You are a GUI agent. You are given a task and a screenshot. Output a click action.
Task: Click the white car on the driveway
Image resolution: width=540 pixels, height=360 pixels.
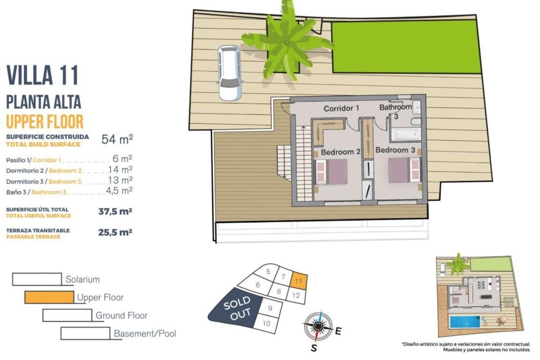click(230, 73)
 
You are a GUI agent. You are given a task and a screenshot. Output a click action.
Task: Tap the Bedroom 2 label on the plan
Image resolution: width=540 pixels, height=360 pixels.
click(340, 152)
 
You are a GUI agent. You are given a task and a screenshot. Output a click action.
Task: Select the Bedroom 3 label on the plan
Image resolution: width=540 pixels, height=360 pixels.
click(395, 150)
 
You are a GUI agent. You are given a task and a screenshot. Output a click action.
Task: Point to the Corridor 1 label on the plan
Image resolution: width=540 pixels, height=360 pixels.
click(341, 108)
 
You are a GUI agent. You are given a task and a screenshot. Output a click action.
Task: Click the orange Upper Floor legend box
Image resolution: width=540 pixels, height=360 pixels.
click(49, 297)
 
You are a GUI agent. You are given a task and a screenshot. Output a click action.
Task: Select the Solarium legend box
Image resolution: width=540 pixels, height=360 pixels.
click(37, 279)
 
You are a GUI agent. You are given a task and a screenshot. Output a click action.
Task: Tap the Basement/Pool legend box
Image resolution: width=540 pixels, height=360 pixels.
click(85, 333)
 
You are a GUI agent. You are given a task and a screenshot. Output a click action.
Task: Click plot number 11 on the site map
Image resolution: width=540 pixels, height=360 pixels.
click(298, 280)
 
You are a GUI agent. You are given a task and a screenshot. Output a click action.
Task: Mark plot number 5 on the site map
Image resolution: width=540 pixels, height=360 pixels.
click(268, 271)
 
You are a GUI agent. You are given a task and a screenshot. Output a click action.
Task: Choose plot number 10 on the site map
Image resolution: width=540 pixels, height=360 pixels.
click(266, 323)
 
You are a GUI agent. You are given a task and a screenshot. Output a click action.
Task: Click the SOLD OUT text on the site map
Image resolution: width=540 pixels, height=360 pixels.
click(237, 308)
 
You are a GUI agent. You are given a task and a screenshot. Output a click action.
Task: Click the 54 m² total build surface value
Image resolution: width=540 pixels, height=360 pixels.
click(117, 139)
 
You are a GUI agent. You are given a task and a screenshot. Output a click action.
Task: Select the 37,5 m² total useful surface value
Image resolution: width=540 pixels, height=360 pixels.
click(115, 211)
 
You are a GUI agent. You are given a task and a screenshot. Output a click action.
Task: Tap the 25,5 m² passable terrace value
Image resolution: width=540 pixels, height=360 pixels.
click(115, 233)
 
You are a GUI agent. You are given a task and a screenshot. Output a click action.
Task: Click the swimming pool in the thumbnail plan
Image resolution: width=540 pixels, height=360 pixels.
click(465, 322)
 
